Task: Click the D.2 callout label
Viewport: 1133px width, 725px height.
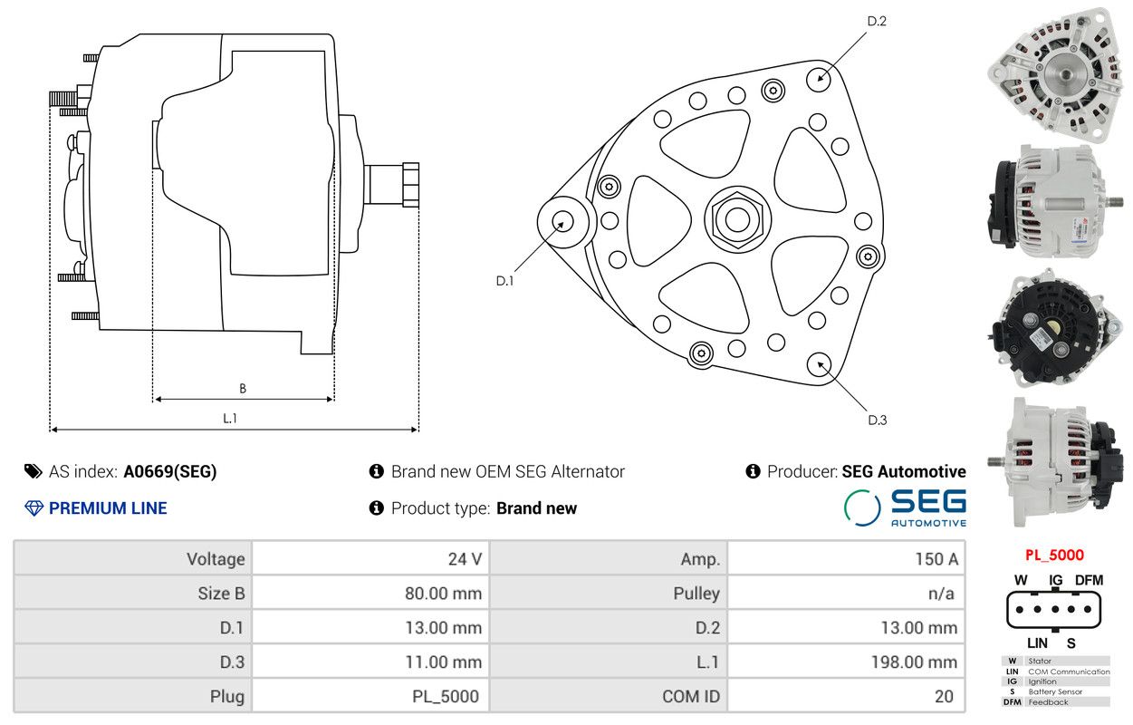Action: tap(877, 21)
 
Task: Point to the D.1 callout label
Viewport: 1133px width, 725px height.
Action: tap(504, 281)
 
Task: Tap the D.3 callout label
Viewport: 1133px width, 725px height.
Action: tap(878, 420)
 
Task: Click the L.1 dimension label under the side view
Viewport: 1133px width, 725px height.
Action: tap(230, 418)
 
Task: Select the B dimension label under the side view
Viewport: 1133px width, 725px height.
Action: tap(243, 388)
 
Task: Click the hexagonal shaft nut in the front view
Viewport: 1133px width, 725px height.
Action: tap(737, 219)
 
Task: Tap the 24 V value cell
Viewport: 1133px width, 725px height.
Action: tap(370, 558)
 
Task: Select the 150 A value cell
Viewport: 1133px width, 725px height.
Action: tap(846, 558)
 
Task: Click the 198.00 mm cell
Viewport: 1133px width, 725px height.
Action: tap(846, 662)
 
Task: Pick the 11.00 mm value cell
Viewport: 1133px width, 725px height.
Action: tap(370, 662)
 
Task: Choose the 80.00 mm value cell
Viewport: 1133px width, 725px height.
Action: tap(370, 593)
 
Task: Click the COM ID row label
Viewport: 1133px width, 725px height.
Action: tap(691, 697)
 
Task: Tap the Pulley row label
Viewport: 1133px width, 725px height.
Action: tap(696, 594)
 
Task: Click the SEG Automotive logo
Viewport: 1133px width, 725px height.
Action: tap(905, 507)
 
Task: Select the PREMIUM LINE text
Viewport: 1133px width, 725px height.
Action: tap(108, 508)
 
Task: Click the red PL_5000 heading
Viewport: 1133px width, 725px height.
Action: tap(1054, 556)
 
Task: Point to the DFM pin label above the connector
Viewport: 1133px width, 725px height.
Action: tap(1089, 580)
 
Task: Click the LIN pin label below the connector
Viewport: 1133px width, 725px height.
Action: tap(1037, 643)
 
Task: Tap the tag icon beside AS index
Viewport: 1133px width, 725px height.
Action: tap(34, 471)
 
